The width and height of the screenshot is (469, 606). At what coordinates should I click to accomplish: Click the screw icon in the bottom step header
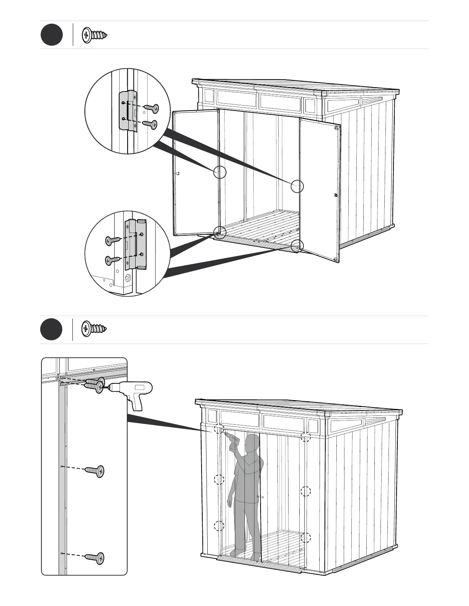[x=94, y=329]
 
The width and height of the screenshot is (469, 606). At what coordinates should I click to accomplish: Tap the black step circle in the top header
[x=52, y=35]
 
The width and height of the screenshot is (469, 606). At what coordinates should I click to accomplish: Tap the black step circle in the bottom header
[x=52, y=329]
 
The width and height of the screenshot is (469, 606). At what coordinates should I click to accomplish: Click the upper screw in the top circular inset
[x=151, y=109]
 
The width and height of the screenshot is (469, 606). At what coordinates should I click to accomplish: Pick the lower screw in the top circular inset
[x=150, y=124]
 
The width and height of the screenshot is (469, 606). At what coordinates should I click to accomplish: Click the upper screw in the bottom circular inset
[x=113, y=241]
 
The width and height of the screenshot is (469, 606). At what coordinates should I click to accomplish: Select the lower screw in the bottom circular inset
[x=113, y=260]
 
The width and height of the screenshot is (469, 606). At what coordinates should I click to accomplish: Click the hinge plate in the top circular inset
[x=128, y=111]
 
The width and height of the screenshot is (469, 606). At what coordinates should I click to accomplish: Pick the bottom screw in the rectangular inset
[x=95, y=558]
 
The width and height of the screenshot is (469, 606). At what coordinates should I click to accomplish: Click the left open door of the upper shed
[x=196, y=172]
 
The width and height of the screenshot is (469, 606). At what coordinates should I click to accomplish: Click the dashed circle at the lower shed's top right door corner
[x=305, y=437]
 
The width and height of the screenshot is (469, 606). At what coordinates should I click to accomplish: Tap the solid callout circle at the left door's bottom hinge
[x=220, y=231]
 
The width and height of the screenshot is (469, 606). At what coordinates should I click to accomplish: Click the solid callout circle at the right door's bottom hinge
[x=297, y=246]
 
